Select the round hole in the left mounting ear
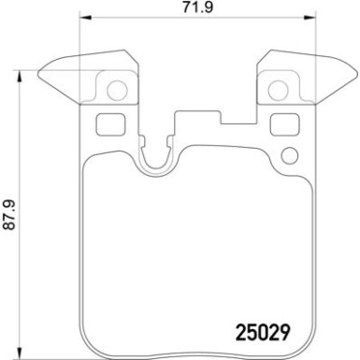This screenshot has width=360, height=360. pyautogui.click(x=116, y=92)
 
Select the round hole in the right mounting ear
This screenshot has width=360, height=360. pyautogui.click(x=277, y=92)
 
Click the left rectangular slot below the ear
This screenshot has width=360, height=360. pyautogui.click(x=108, y=122)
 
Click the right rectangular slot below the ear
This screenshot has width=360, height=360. pyautogui.click(x=281, y=122)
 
